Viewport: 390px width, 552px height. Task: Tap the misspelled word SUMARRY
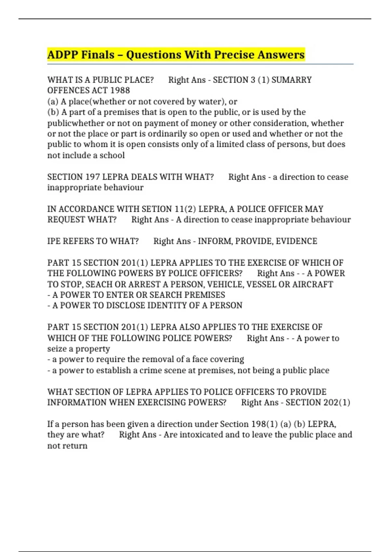292,80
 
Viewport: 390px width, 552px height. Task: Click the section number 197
92,177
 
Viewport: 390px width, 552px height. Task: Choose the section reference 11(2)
185,209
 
